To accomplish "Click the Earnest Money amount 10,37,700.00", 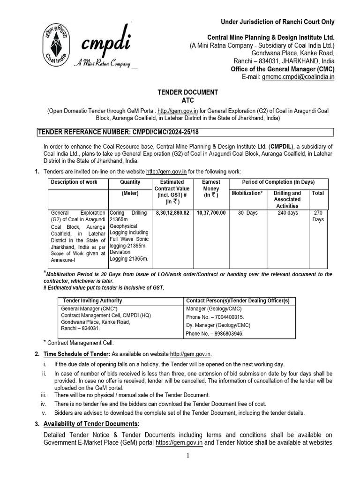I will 211,212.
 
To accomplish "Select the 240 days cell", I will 287,212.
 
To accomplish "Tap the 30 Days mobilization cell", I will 247,212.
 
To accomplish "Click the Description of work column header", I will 74,182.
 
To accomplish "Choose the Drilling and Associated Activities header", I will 287,199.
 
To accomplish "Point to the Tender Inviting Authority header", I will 92,300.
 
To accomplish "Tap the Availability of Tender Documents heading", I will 91,424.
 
